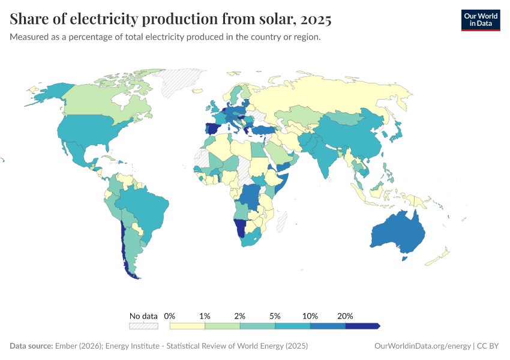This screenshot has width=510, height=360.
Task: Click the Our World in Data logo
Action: [480, 20]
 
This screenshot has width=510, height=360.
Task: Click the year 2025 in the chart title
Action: [316, 19]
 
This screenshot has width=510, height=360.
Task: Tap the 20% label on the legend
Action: [346, 316]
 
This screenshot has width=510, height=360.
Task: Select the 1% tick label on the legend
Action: [205, 316]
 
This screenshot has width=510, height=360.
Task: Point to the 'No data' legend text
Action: [143, 316]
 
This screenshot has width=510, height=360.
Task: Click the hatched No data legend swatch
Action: [143, 326]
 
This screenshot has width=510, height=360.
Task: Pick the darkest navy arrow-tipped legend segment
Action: [362, 326]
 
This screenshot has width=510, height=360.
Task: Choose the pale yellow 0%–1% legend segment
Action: [187, 326]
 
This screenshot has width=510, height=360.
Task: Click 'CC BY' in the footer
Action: [489, 346]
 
